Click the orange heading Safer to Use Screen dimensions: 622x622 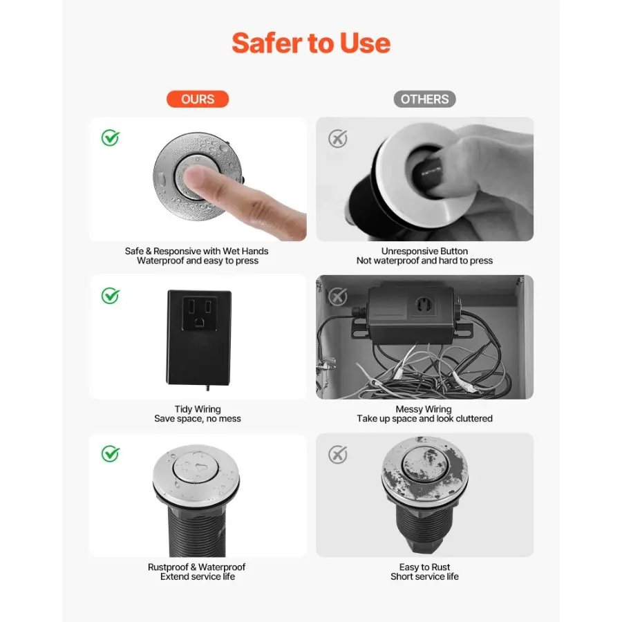coord(311,43)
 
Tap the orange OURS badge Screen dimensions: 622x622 coord(198,99)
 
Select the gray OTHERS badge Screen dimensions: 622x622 coord(424,99)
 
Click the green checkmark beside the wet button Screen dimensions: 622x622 coord(110,138)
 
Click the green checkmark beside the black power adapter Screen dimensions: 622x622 coord(110,296)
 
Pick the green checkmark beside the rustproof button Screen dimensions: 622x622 coord(110,454)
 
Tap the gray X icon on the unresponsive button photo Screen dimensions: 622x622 coord(337,138)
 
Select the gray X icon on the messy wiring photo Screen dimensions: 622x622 coord(337,296)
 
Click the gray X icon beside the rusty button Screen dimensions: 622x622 coord(337,455)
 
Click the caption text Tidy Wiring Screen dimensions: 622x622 coord(198,409)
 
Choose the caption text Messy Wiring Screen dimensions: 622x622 coord(424,409)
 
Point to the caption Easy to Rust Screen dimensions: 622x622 coord(424,567)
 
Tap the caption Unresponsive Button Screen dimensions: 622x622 coord(424,251)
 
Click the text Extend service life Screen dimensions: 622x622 coord(198,576)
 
